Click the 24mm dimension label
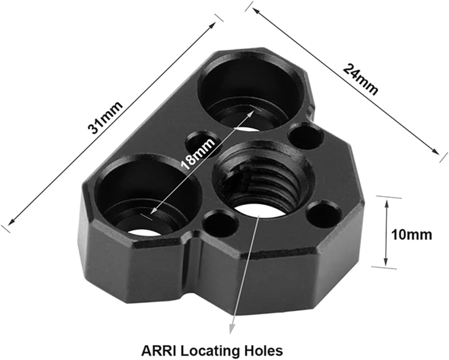coord(360,79)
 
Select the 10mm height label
coord(412,235)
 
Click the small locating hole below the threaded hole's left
coord(220,223)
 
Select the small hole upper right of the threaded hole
coord(306,136)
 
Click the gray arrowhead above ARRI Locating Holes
coord(232,327)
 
